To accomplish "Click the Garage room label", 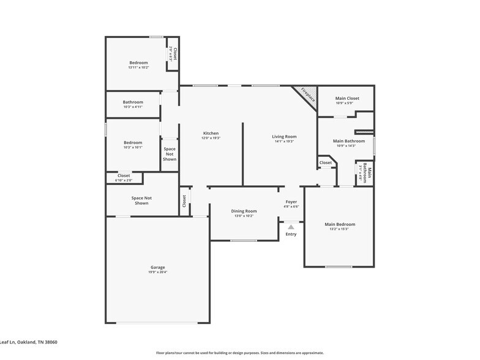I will pos(158,267).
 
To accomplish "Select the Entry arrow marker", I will pos(291,227).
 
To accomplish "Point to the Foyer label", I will pos(291,201).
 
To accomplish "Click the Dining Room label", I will pos(243,211).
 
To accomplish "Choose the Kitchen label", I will pos(211,133).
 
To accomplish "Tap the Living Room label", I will pos(285,137).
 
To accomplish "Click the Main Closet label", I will pos(347,98).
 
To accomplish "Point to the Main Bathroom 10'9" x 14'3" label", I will pos(348,141).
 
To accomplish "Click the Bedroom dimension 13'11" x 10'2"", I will pos(138,67).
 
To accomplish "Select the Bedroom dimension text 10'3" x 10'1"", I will pos(133,147).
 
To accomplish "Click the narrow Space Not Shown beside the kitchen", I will pos(170,154).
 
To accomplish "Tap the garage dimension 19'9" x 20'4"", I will pos(158,272).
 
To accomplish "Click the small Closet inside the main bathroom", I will pos(325,163).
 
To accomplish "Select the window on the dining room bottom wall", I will pos(243,240).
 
